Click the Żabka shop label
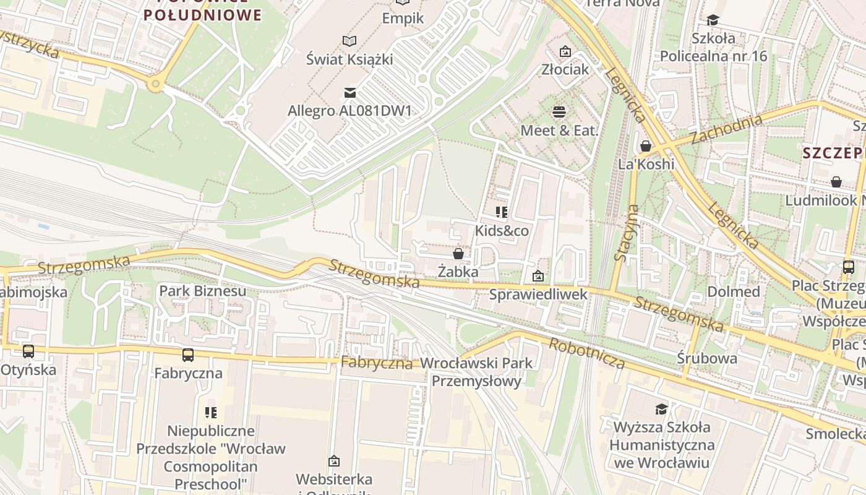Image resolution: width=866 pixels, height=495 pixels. tap(458, 272)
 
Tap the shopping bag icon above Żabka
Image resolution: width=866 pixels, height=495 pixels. tap(458, 254)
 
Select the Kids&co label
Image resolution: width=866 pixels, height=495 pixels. tap(502, 231)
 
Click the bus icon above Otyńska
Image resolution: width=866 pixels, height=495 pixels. tap(28, 351)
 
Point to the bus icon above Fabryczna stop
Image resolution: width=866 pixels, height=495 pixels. tap(188, 355)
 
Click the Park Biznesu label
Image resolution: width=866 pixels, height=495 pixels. tap(202, 291)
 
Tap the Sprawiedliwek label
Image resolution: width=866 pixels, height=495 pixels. tap(538, 295)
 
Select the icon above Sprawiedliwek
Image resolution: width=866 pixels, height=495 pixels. tap(538, 276)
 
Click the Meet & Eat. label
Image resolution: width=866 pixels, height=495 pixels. tap(560, 131)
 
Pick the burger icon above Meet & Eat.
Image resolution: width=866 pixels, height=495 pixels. tap(559, 112)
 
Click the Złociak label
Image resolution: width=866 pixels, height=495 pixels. tap(565, 69)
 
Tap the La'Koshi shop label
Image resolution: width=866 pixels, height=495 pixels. tap(646, 165)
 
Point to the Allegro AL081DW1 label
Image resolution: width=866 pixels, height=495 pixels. tap(349, 111)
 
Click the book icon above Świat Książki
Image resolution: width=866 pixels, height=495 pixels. tap(349, 41)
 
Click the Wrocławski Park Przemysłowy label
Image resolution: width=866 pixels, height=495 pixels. tap(476, 372)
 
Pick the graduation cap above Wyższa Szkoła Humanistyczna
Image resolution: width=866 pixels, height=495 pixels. tap(661, 409)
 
